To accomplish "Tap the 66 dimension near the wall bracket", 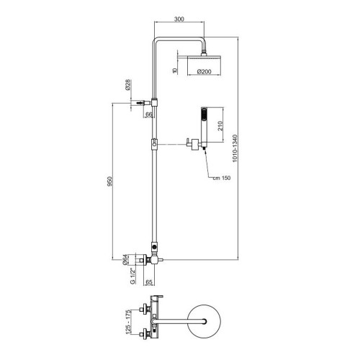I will pos(148,114).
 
